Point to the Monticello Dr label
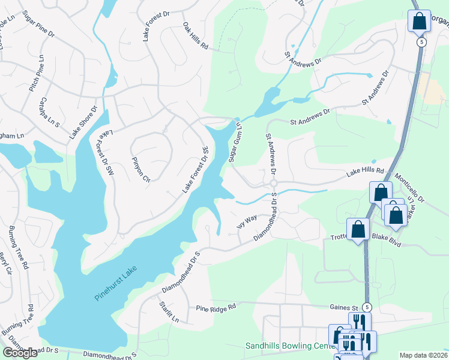(x=409, y=188)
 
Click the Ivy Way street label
(x=247, y=224)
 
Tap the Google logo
(x=20, y=353)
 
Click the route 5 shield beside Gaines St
(x=367, y=307)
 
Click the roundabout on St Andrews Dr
(x=273, y=183)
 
